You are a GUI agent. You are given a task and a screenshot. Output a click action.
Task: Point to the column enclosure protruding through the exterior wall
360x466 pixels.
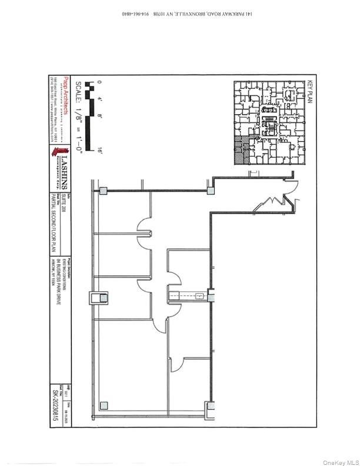click(95, 299)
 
